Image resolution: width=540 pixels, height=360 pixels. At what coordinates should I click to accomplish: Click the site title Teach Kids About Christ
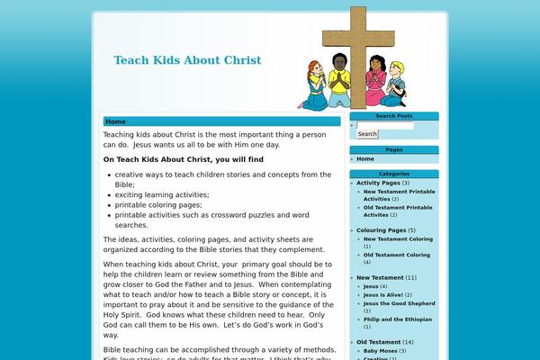pos(187,60)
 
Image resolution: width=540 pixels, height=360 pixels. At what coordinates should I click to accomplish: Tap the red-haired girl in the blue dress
pos(316,83)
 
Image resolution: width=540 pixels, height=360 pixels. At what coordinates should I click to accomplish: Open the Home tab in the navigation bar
pos(115,121)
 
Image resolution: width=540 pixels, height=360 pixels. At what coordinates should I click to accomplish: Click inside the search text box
pos(385,125)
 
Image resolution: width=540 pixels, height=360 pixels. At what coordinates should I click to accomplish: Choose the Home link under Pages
pos(365,158)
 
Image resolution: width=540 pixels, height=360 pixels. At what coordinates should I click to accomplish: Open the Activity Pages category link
pos(378,183)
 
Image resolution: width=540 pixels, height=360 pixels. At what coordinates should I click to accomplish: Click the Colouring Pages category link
pos(381,230)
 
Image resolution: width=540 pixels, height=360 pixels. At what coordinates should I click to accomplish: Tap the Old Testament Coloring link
pos(397,255)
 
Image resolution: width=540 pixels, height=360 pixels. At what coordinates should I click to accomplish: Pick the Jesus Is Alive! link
pos(383,294)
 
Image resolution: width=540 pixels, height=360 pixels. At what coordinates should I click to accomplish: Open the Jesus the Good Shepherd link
pos(399,303)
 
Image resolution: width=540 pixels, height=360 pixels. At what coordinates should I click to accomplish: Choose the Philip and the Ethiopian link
pos(398,319)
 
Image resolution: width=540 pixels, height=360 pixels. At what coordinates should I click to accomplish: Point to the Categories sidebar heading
pos(393,173)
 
